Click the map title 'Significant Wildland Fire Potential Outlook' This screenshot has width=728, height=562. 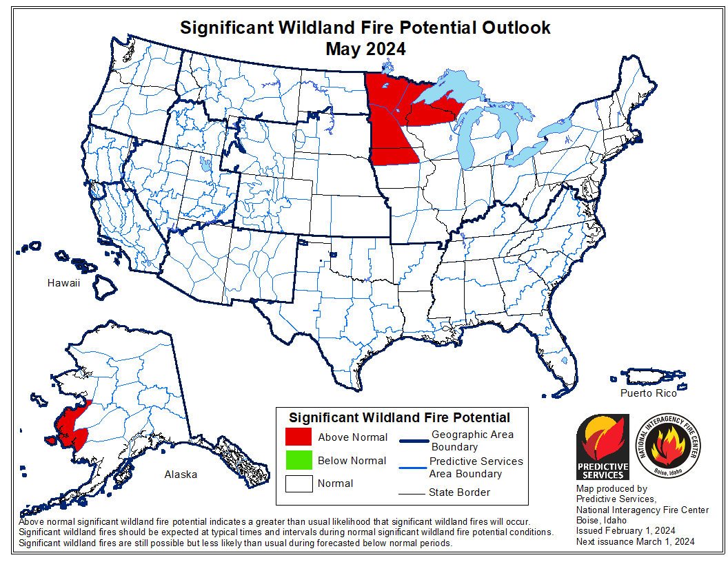[x=365, y=28]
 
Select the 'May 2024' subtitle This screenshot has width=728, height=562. [x=365, y=49]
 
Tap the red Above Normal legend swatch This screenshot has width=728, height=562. [x=298, y=437]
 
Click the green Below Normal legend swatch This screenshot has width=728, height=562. [x=298, y=460]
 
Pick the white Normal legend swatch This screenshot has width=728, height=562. [x=298, y=483]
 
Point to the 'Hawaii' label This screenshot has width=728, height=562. [x=64, y=283]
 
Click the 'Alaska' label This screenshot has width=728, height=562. [x=181, y=475]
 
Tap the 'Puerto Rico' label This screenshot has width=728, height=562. [x=648, y=393]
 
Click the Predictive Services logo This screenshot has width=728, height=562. [x=603, y=447]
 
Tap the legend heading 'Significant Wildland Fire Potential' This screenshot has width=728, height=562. [x=399, y=418]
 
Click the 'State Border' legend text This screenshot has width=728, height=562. [x=459, y=492]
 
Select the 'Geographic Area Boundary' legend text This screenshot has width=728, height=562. [x=472, y=441]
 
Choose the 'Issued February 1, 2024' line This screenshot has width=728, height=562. [x=625, y=530]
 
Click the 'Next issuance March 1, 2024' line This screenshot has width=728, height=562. [x=635, y=542]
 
